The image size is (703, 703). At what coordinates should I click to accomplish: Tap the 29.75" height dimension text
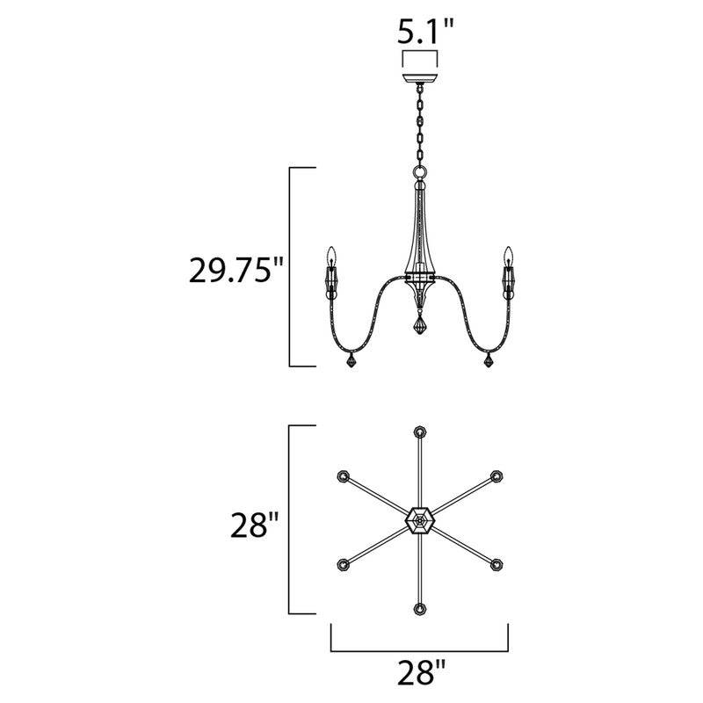[236, 270]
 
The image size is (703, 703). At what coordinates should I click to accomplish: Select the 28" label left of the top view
[255, 525]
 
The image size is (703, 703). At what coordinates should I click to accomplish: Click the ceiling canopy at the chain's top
[420, 78]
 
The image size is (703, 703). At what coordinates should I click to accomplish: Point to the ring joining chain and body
[420, 171]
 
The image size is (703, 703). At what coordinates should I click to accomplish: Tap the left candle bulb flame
[332, 256]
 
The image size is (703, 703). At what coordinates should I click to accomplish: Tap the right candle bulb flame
[508, 256]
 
